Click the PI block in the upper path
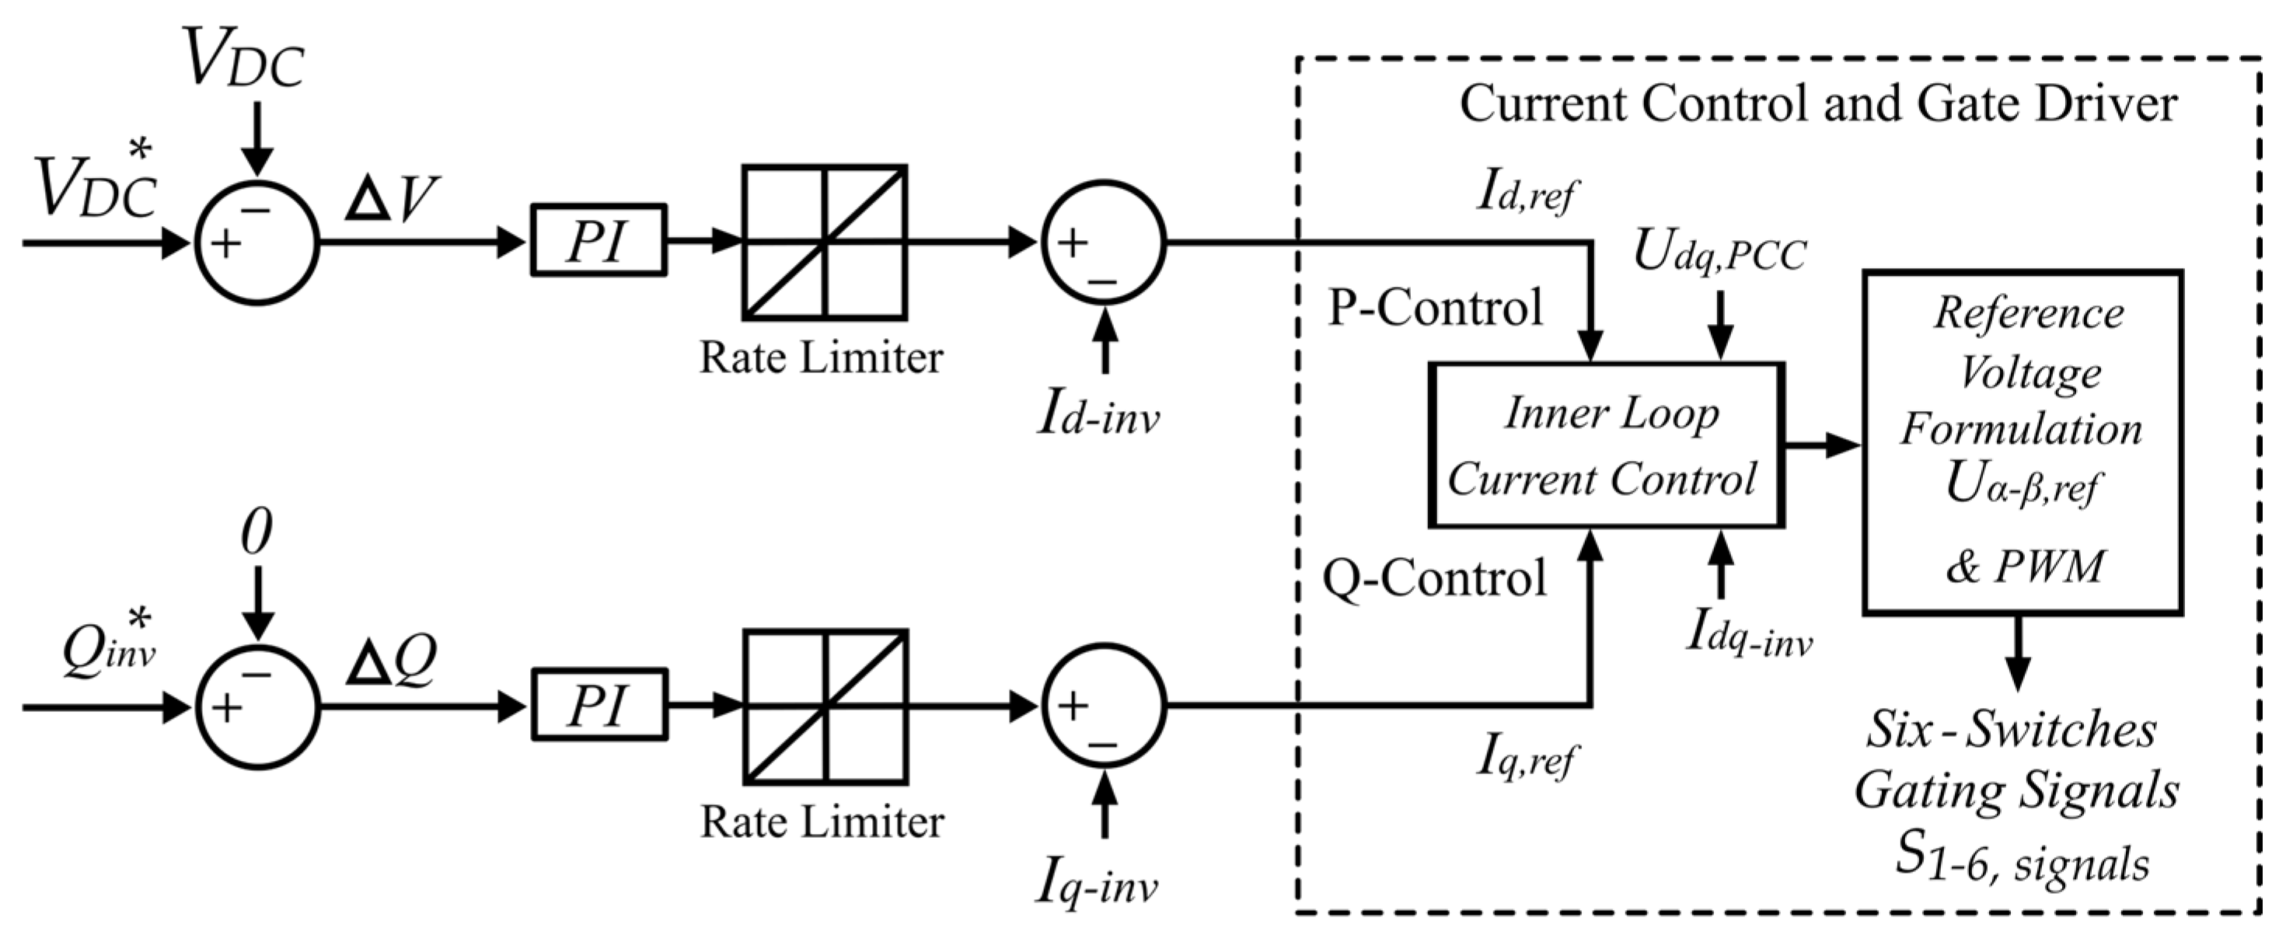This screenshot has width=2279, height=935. coord(598,241)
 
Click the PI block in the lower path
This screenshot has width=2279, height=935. coord(598,706)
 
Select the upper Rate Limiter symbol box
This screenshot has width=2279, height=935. coord(825,242)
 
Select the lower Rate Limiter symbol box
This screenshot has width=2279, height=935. coord(825,706)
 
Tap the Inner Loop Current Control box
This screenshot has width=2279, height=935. coord(1606,445)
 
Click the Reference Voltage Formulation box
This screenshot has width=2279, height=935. coord(2022,442)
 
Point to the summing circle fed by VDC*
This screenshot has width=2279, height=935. coord(257,242)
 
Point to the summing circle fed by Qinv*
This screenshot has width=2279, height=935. coord(257,708)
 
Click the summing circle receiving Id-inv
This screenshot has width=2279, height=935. coord(1103,242)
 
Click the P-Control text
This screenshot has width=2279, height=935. coord(1435,308)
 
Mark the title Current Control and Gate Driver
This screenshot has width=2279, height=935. coord(1818,104)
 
